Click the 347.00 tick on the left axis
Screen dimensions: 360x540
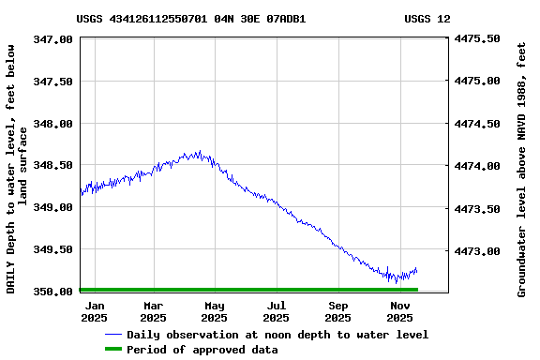click(54, 39)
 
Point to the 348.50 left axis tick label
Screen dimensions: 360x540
click(54, 165)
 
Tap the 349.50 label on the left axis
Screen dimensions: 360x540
click(54, 249)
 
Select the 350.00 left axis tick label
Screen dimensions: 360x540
click(54, 292)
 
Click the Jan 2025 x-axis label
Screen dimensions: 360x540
click(95, 311)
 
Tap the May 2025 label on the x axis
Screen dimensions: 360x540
click(215, 311)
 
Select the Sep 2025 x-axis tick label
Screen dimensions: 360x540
click(338, 311)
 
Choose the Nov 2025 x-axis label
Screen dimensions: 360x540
click(400, 311)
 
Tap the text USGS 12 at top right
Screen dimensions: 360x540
click(427, 19)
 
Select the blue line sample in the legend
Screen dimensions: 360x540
click(113, 335)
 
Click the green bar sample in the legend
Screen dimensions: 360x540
click(113, 350)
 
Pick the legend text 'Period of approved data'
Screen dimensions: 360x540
click(202, 350)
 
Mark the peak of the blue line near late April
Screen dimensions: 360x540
click(199, 151)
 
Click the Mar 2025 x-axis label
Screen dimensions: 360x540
click(154, 311)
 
